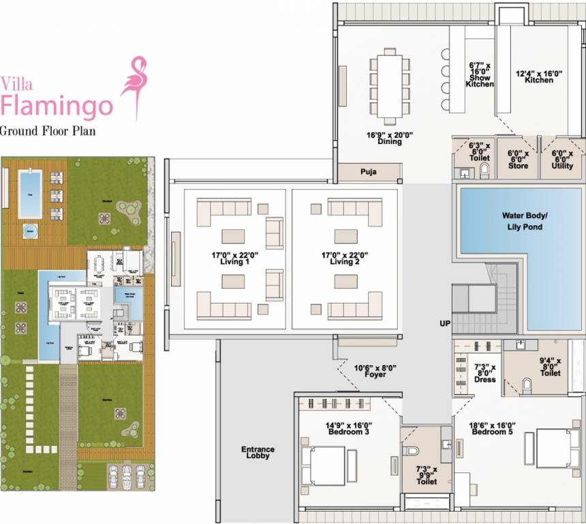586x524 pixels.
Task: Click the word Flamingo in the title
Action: (x=57, y=106)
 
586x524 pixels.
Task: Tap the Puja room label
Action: (x=369, y=172)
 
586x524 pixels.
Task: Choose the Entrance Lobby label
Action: (x=258, y=452)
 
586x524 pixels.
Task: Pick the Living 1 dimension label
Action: (x=231, y=258)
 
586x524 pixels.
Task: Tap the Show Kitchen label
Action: (x=480, y=75)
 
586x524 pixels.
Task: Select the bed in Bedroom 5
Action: (x=552, y=448)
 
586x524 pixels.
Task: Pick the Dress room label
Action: (x=485, y=373)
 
